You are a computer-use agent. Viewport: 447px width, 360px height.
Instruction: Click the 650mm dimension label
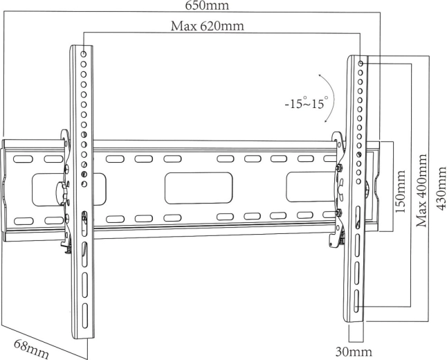(208, 6)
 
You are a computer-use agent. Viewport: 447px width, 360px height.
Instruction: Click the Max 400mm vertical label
(420, 187)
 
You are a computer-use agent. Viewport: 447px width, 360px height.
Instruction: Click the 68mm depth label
(32, 347)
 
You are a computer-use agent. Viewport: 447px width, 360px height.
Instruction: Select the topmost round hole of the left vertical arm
(83, 53)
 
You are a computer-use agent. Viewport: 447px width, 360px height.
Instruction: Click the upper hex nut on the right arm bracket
(338, 166)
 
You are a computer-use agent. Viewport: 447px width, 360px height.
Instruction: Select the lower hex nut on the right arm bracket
(338, 213)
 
